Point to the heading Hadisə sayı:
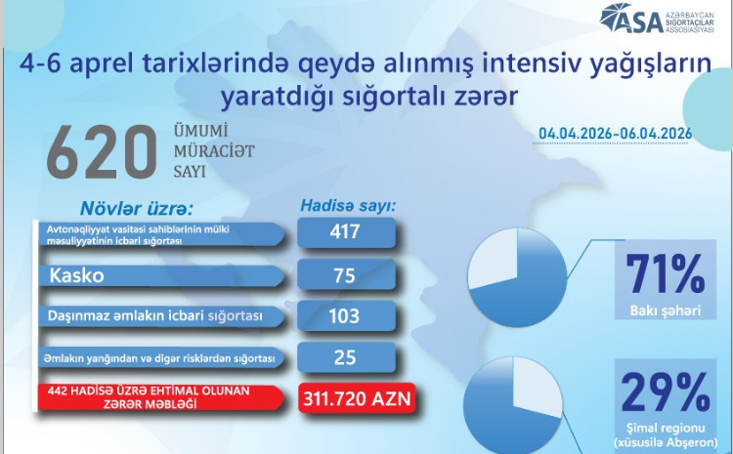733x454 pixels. click(x=347, y=207)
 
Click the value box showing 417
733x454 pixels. click(x=346, y=232)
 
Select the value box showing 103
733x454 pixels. click(x=346, y=316)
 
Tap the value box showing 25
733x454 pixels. click(x=346, y=358)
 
